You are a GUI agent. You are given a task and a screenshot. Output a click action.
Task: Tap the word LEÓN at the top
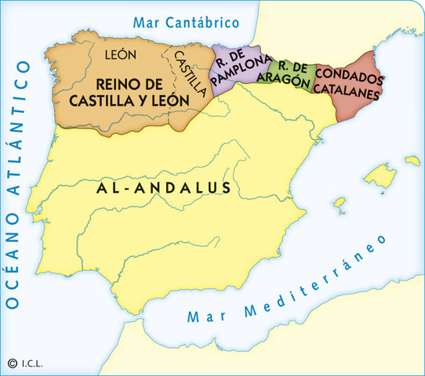(x=120, y=55)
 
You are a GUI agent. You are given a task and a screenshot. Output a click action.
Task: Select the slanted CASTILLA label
(x=191, y=73)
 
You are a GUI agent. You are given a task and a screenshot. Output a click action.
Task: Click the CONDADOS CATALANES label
(x=349, y=85)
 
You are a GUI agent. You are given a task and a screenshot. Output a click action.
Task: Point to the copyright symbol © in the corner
(x=12, y=363)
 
